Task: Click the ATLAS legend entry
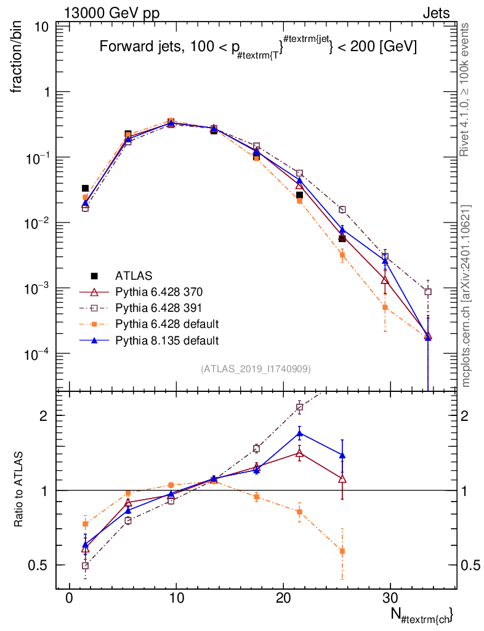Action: click(x=134, y=275)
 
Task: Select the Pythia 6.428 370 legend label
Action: click(x=159, y=291)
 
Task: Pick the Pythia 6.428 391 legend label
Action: click(x=158, y=308)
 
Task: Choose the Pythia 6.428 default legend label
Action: click(x=167, y=324)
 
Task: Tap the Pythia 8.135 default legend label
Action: click(x=167, y=340)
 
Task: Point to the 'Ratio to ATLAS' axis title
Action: click(x=18, y=489)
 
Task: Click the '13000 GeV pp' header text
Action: click(x=111, y=13)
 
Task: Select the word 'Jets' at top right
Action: click(x=436, y=14)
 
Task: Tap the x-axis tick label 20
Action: click(x=283, y=598)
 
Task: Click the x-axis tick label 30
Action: click(x=390, y=598)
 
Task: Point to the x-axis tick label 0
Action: click(x=70, y=598)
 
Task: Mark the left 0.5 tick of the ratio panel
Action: click(x=38, y=565)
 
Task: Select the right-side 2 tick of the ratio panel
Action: click(x=464, y=416)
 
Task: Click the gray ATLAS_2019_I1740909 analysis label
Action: click(x=256, y=368)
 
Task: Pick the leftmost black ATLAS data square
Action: click(x=85, y=189)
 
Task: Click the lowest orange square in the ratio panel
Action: click(x=342, y=552)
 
